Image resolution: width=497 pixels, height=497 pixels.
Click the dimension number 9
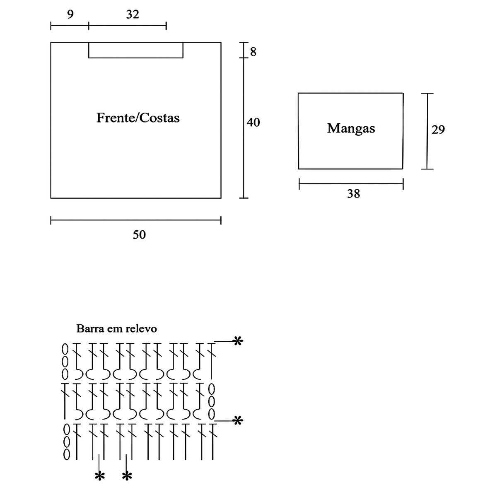click(x=70, y=14)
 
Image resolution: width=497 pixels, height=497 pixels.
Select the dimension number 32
click(x=133, y=14)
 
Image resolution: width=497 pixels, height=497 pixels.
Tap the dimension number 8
click(x=253, y=52)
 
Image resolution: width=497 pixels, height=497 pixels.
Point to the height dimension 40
click(x=253, y=123)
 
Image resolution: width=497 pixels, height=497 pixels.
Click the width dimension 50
click(x=139, y=234)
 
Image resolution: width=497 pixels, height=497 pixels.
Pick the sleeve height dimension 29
click(x=438, y=130)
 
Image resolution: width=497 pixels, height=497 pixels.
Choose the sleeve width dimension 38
click(x=353, y=193)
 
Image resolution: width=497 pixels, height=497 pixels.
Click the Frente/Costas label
click(x=138, y=118)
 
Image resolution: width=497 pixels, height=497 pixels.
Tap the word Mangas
click(x=351, y=128)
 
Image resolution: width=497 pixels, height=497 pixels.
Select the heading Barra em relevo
click(x=116, y=329)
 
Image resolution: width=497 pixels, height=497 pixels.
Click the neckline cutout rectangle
click(x=136, y=50)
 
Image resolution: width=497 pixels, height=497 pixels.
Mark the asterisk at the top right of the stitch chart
click(x=237, y=341)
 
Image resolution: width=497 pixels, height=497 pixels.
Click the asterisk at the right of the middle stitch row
click(x=237, y=421)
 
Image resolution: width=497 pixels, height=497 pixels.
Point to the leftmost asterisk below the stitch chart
click(x=99, y=476)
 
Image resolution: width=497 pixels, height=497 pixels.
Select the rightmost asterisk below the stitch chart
click(x=127, y=476)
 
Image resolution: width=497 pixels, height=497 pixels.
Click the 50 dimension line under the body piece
click(x=136, y=220)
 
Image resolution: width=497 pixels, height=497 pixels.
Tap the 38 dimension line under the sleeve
click(x=351, y=183)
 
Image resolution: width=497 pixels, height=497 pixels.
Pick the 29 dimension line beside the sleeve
click(x=427, y=131)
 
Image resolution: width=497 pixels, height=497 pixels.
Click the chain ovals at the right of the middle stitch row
click(x=211, y=401)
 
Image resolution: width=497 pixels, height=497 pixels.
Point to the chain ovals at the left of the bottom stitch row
click(x=66, y=442)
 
